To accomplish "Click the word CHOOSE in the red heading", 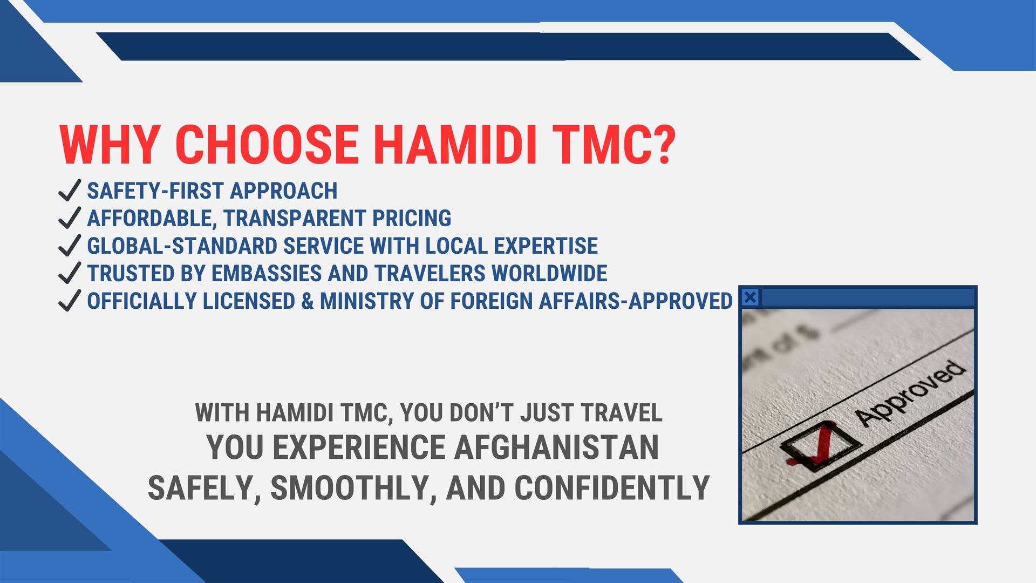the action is (267, 144).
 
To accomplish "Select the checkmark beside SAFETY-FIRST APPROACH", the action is (70, 191).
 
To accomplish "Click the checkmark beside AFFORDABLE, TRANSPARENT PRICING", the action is (70, 218).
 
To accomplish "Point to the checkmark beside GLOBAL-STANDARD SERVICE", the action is (70, 246).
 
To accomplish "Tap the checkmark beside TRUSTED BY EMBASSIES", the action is (70, 273).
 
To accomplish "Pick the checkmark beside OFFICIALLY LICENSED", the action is (70, 301).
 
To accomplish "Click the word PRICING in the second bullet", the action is (412, 218).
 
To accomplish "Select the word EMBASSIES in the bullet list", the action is (267, 273).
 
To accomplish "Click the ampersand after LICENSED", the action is (308, 301).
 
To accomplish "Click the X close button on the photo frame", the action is (750, 297).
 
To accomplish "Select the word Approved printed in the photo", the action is (910, 392).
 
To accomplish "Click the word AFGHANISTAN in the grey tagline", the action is (556, 448).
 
